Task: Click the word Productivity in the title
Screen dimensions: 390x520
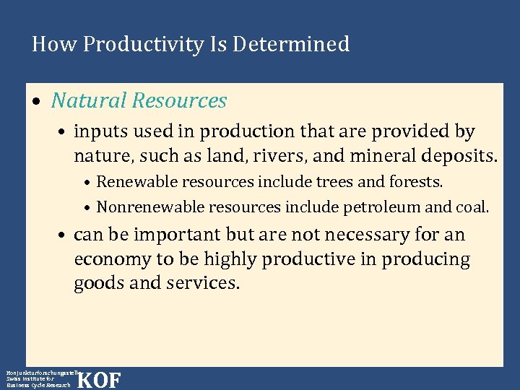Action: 144,45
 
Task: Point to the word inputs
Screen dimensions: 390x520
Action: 97,132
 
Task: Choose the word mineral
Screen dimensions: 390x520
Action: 349,155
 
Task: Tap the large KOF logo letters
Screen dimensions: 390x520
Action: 98,379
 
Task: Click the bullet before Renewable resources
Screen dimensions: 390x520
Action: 87,182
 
